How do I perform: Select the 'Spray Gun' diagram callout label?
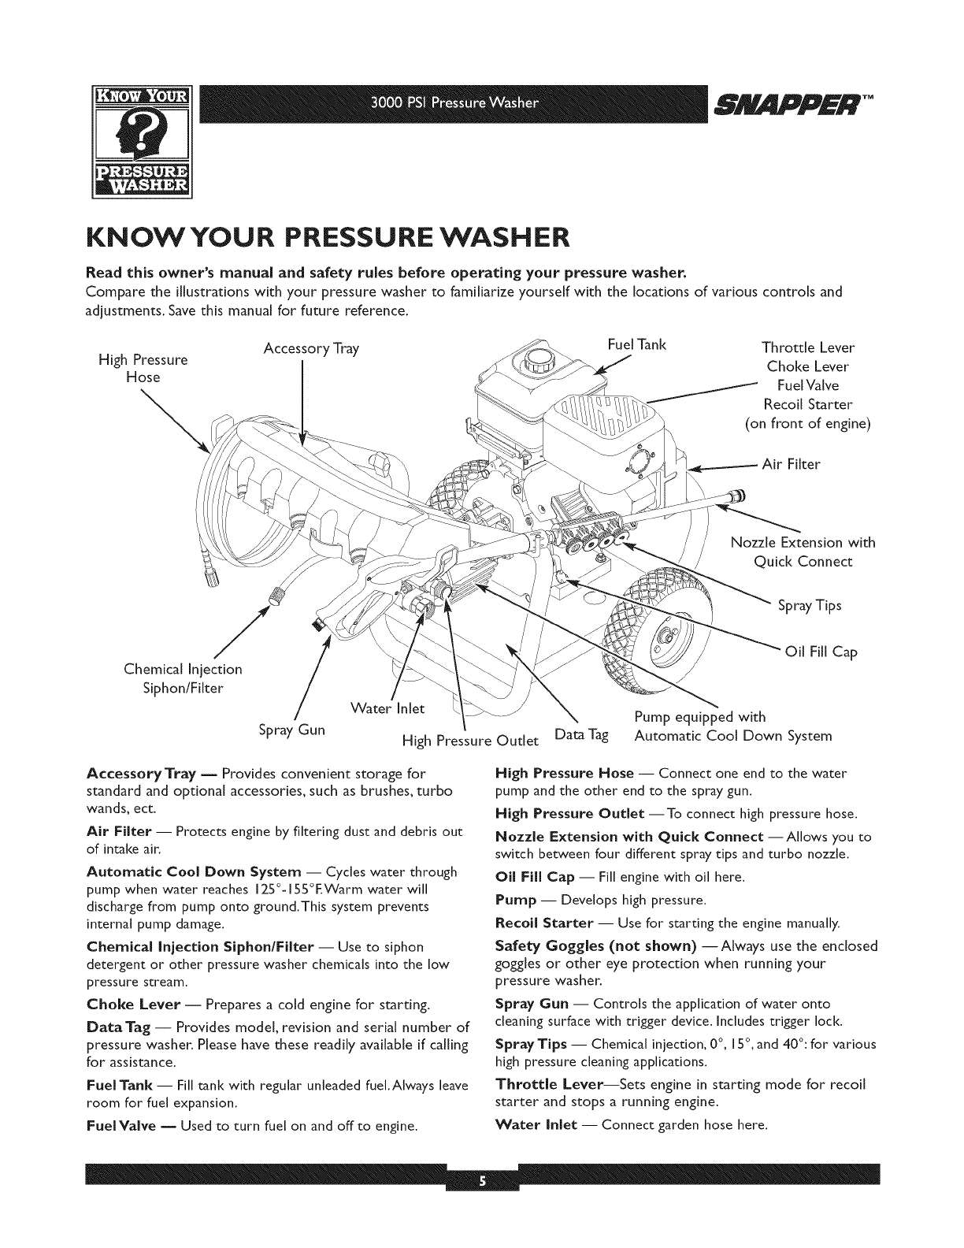[291, 730]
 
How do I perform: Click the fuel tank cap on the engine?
[533, 362]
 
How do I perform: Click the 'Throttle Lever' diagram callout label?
[808, 347]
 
